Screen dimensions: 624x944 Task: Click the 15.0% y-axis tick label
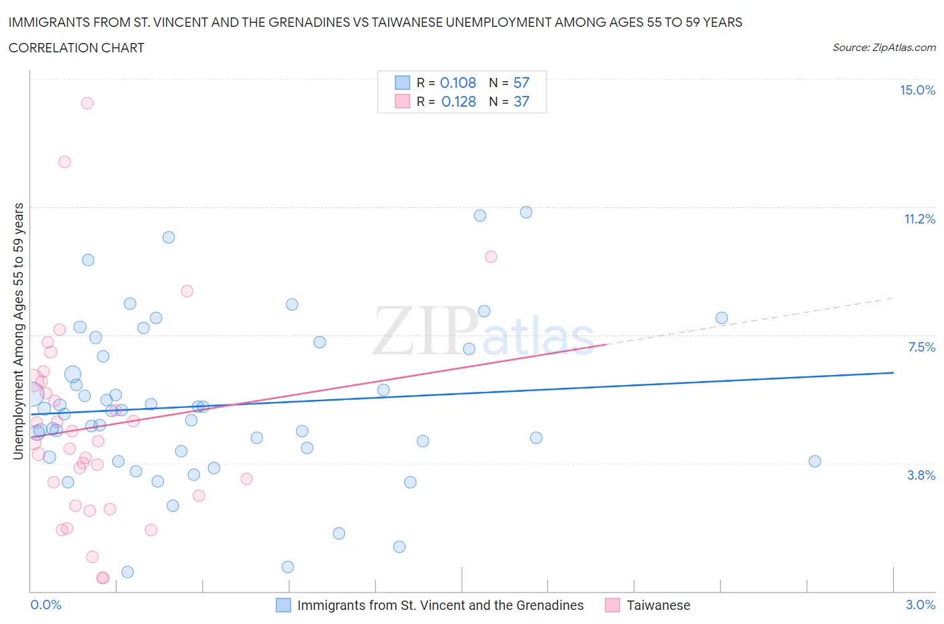click(x=917, y=91)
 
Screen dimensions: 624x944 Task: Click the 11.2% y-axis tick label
click(x=919, y=219)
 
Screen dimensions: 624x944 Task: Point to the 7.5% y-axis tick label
click(x=921, y=347)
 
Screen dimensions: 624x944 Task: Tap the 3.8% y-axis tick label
click(x=921, y=475)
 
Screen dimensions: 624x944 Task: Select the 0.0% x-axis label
click(x=46, y=605)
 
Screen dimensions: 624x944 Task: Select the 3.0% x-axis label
click(x=920, y=605)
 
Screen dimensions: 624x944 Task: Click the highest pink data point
click(x=87, y=103)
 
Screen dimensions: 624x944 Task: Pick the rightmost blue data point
click(x=814, y=461)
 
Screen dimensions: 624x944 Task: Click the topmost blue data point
click(x=526, y=212)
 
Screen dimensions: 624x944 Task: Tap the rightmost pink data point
click(x=491, y=256)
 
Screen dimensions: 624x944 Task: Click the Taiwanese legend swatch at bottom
click(x=612, y=605)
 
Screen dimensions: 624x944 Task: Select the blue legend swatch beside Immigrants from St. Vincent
click(x=283, y=605)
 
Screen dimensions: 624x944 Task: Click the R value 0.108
click(x=458, y=83)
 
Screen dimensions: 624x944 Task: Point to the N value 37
click(x=521, y=101)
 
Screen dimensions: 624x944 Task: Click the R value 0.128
click(x=458, y=101)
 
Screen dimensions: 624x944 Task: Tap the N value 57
click(x=521, y=83)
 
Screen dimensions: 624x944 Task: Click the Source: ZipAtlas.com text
click(x=884, y=48)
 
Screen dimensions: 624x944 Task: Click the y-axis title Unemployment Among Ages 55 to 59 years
click(x=18, y=331)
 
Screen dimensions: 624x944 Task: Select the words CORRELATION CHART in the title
click(x=77, y=48)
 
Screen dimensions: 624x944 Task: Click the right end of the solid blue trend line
click(x=893, y=372)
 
